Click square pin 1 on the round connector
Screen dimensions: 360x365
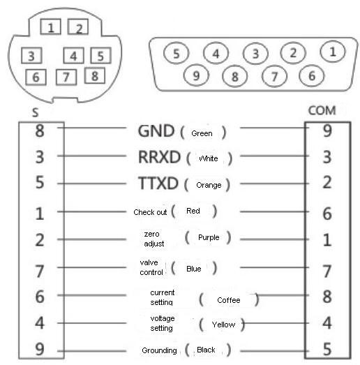point(50,27)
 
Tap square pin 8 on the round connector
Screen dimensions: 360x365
point(95,75)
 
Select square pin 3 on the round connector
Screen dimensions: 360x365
point(31,56)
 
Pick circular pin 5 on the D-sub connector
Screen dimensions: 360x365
point(176,53)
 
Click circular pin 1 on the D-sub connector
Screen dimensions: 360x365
point(333,51)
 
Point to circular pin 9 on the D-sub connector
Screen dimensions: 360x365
point(196,75)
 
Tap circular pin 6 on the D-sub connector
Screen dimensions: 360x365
point(312,75)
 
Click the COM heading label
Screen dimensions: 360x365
point(322,110)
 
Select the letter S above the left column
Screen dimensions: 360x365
point(35,112)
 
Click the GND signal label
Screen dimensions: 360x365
point(156,131)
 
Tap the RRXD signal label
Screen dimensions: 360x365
point(159,157)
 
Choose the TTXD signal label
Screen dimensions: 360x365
point(158,183)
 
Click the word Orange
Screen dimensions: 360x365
point(209,186)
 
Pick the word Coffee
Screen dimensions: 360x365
point(229,300)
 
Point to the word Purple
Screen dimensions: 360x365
point(209,238)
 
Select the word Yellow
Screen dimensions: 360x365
point(223,325)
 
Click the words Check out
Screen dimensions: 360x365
point(150,212)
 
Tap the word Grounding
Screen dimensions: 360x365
point(159,350)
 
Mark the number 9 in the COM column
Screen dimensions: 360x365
point(327,131)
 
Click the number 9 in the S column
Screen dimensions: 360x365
point(40,349)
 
